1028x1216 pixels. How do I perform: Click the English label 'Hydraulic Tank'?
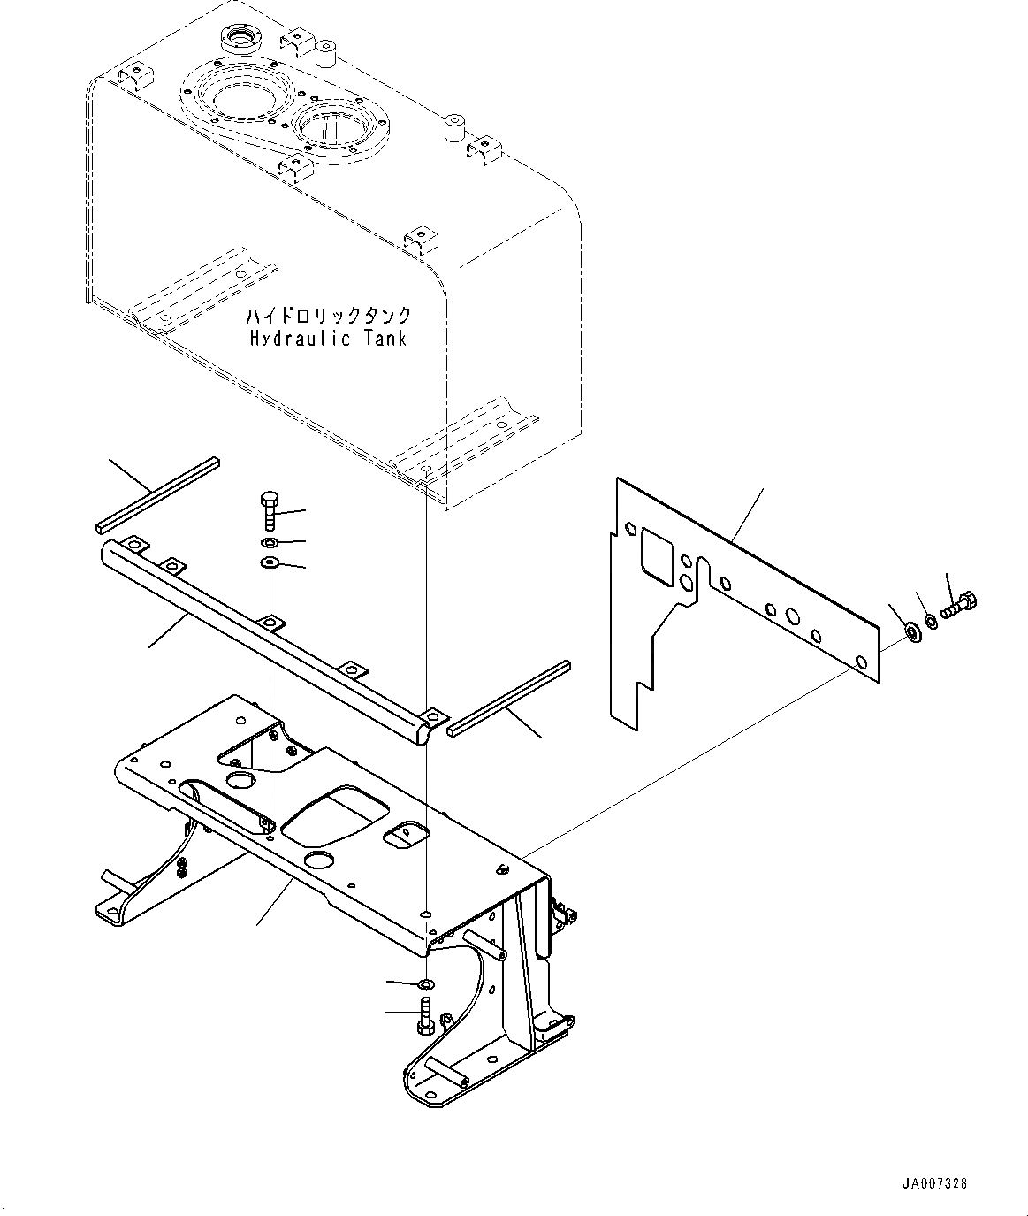(328, 338)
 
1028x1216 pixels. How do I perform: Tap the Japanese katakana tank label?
(328, 317)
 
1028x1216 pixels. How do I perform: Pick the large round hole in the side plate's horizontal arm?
(792, 616)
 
